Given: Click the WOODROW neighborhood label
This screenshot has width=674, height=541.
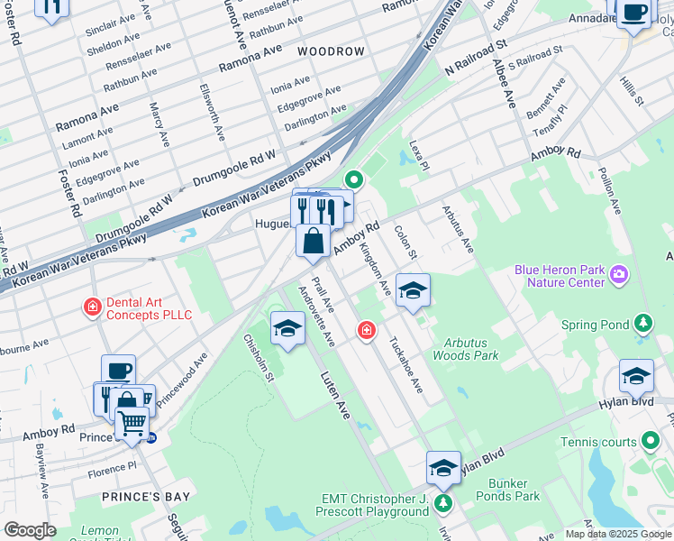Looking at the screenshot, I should point(331,51).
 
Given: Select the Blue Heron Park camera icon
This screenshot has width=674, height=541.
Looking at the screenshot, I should point(619,273).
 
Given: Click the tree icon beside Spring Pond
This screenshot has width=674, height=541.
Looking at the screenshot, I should point(642,324).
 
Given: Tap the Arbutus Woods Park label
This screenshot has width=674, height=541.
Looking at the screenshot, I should point(471,349).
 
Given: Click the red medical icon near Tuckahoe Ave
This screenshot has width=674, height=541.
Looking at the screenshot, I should point(366,330).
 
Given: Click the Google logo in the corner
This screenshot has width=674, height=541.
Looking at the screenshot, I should point(30,530).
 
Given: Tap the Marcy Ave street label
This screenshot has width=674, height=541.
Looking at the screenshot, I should point(159,124).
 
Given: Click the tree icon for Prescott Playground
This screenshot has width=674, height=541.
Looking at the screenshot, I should point(442,502).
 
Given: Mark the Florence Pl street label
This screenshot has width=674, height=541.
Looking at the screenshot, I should point(113,467).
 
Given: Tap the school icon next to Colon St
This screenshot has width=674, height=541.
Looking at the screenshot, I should point(413,290).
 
